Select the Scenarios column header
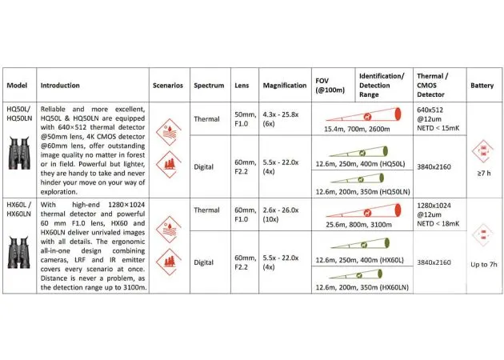[168, 85]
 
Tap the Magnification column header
[284, 85]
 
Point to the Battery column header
[482, 85]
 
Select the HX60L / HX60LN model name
[19, 210]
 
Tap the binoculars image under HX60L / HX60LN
[19, 248]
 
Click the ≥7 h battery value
[482, 173]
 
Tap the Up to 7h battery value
[482, 264]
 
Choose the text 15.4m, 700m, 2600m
[357, 128]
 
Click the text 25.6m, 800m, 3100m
[357, 226]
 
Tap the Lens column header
[242, 85]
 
